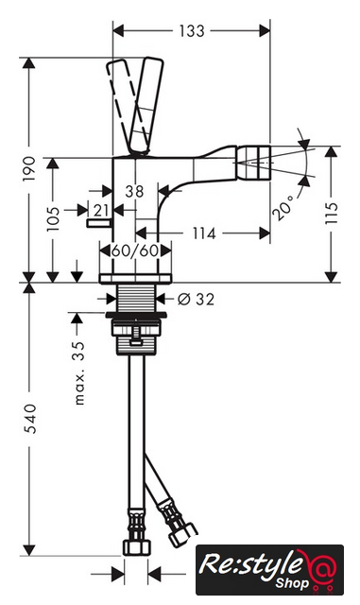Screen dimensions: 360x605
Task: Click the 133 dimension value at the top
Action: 192,31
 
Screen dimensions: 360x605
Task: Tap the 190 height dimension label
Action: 29,168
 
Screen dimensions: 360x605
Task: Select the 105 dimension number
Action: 53,218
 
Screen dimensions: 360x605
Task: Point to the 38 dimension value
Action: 134,191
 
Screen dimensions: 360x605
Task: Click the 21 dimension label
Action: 101,211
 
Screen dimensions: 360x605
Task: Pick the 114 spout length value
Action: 204,233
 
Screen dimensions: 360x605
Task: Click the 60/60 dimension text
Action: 135,251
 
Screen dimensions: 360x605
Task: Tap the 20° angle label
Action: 283,206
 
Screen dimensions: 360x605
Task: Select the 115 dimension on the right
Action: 331,213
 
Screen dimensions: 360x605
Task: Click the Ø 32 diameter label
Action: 196,299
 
